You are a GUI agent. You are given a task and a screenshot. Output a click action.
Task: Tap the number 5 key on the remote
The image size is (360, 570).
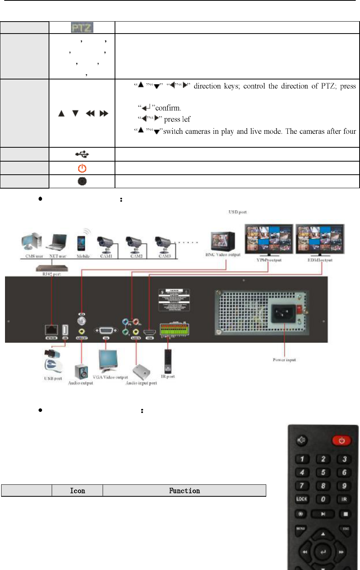(323, 472)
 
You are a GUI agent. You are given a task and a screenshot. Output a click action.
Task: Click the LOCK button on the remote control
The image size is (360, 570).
(302, 499)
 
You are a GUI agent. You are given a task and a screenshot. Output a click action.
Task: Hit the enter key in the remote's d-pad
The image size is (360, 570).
(323, 552)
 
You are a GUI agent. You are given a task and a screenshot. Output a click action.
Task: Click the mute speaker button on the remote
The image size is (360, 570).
(301, 440)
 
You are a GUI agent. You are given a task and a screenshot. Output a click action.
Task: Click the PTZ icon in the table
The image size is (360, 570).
(82, 27)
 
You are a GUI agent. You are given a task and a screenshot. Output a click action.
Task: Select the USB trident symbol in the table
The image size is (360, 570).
(82, 154)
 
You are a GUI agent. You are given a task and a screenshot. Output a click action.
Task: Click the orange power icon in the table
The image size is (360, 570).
(82, 168)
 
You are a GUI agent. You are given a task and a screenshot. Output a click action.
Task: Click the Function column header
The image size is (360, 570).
(184, 491)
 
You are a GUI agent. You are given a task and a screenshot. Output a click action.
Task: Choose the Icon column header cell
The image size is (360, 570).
(77, 491)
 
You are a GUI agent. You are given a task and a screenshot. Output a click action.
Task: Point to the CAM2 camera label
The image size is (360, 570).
(136, 256)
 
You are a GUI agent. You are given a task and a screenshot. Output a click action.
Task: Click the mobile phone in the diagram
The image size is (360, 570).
(81, 243)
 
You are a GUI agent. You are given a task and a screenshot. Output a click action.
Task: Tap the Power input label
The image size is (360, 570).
(284, 360)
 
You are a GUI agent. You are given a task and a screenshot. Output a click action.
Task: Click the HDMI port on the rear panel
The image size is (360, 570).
(149, 332)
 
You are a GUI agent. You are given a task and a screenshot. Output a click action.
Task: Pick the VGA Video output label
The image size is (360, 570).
(110, 377)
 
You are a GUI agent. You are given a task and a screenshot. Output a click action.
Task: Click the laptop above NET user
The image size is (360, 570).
(57, 243)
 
